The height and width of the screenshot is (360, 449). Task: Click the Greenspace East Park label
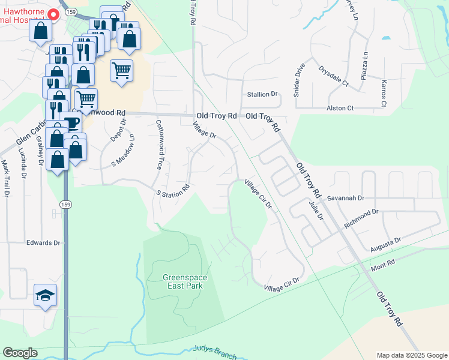coord(182,281)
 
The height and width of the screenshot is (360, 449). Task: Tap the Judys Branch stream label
coord(215,352)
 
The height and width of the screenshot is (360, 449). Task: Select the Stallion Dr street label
coord(262,94)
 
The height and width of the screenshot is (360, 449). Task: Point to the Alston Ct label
coord(340,108)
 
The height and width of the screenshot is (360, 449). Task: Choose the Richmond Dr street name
coord(361,219)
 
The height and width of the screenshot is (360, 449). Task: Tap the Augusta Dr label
coord(385,244)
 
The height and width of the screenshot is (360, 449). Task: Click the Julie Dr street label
coord(316,211)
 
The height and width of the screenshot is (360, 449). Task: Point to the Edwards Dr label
coord(43,243)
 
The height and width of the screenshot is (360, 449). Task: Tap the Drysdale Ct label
coord(333,76)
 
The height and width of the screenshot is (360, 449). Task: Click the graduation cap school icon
coord(46,295)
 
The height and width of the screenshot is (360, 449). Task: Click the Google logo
coord(20,353)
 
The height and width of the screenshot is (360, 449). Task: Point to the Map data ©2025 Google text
coord(411,355)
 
